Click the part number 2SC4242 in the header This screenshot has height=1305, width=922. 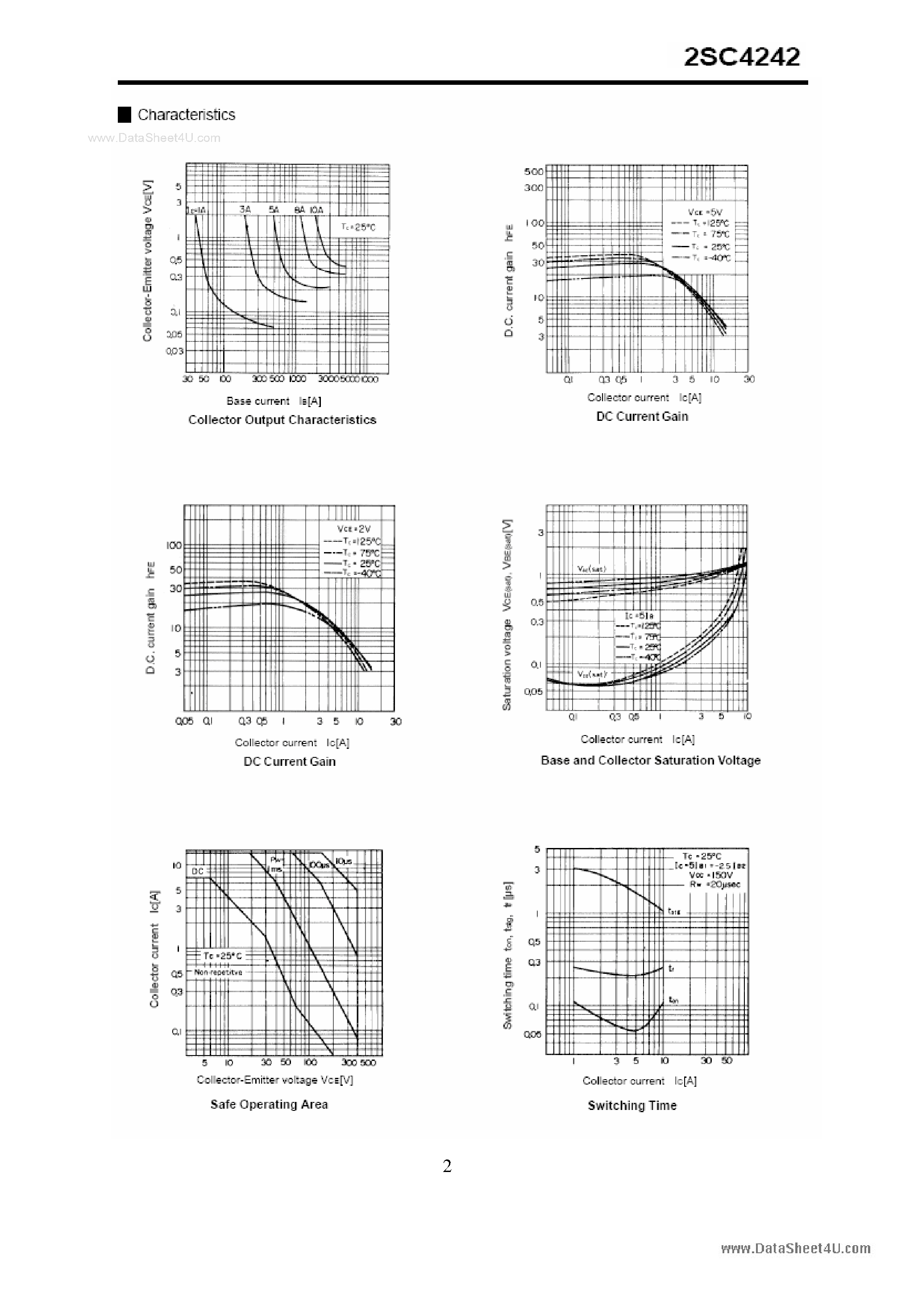[741, 57]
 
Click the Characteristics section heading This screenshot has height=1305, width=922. [186, 115]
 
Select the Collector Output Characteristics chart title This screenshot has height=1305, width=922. [282, 420]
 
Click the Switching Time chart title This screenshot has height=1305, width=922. [631, 1105]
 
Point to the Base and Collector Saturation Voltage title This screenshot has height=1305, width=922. [650, 760]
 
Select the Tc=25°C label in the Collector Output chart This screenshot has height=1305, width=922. [358, 227]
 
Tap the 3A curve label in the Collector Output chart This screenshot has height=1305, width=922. [245, 209]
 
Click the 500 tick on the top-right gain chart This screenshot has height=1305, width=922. [533, 171]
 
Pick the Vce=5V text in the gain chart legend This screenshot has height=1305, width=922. [704, 212]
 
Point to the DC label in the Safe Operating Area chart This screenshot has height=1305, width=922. [197, 871]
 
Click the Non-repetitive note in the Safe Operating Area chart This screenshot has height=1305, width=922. [218, 972]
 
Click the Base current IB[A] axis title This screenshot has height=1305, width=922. [274, 401]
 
